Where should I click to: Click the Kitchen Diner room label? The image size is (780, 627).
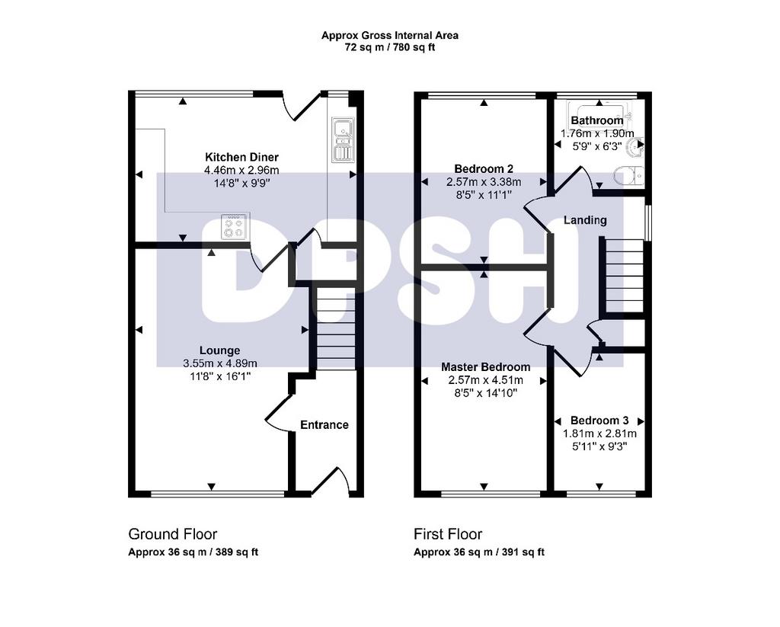point(241,157)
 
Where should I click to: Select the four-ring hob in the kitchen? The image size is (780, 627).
point(234,226)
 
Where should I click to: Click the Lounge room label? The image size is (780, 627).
point(220,350)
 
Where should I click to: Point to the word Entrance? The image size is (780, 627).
point(324,425)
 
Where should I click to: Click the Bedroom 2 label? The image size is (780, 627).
point(484,168)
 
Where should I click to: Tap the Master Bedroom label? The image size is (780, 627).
point(485,367)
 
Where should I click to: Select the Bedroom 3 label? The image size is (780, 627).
point(599,421)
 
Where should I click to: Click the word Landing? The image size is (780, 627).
point(585,220)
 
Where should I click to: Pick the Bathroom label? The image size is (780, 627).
point(597,120)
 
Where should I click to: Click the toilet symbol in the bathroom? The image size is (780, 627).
point(628,176)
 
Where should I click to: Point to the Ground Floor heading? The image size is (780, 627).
point(173,535)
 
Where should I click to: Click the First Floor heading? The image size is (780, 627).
point(448,535)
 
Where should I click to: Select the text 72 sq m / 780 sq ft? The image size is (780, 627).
point(390,48)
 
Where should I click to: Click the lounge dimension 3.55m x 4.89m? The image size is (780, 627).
point(220,363)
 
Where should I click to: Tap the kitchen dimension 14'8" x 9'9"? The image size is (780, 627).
point(241,183)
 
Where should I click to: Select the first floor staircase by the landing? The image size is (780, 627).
point(624,276)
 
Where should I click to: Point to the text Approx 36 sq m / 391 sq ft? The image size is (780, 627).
point(479,552)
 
